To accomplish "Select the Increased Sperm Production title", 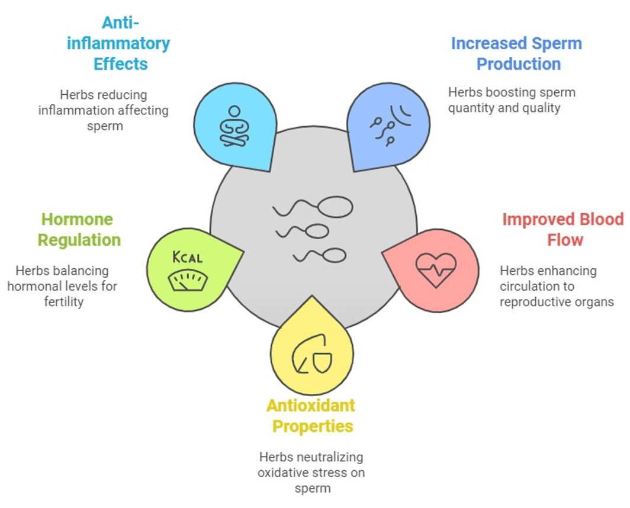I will (516, 53).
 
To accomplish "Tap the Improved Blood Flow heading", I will (562, 230).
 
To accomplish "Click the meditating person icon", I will (234, 126).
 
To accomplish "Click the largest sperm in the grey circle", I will (314, 207).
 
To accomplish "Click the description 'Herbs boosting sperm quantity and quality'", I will (512, 100).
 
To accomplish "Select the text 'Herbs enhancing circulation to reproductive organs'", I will (557, 287).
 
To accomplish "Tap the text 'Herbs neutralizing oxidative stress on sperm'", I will (311, 472).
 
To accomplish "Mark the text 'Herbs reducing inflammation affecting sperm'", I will (104, 110).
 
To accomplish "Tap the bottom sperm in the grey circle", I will (320, 256).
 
